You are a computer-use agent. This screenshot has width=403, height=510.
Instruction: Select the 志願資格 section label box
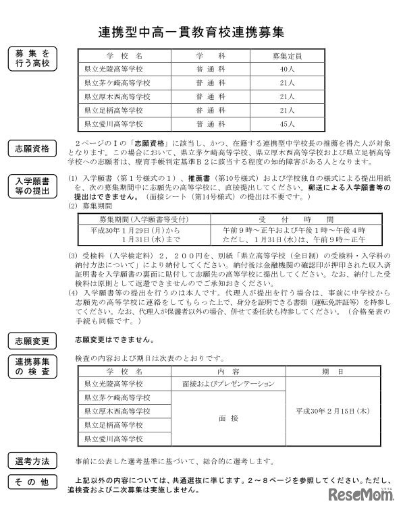click(32, 149)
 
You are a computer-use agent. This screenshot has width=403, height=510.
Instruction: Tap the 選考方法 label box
click(32, 461)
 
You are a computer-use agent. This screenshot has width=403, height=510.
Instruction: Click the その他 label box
click(32, 482)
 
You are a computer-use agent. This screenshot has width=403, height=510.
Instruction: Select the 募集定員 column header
click(286, 55)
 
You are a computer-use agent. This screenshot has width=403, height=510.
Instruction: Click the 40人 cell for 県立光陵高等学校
click(286, 69)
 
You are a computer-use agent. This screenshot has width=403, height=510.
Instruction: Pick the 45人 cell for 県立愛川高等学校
click(286, 124)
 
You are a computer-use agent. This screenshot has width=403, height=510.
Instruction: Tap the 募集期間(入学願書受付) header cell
click(139, 219)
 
